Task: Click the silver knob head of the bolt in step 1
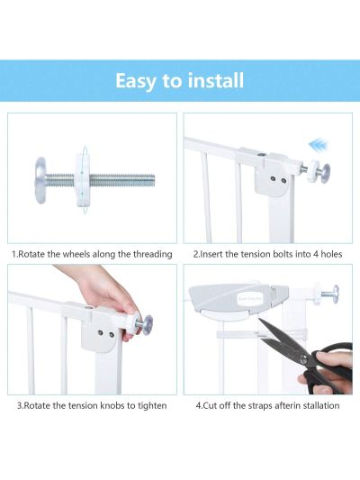(41, 172)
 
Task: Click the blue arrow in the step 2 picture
(318, 144)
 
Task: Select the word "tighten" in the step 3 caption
(149, 405)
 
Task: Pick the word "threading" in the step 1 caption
(147, 254)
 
